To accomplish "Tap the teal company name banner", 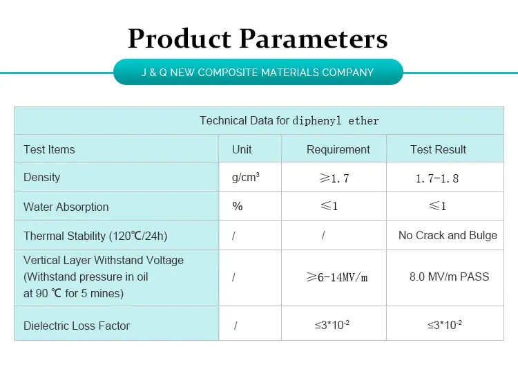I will click(x=258, y=72).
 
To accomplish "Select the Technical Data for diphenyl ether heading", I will click(x=289, y=120).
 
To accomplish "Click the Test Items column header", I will click(x=49, y=149).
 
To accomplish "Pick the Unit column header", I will click(x=242, y=149).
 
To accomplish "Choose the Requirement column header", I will click(x=338, y=149).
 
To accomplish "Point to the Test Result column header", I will click(x=438, y=149).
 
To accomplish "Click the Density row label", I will click(x=41, y=178).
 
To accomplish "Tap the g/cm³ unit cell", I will click(x=246, y=178).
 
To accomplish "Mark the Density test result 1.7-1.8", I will click(x=437, y=178).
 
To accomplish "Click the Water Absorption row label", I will click(x=66, y=207).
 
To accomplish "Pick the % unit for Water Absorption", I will click(x=238, y=206).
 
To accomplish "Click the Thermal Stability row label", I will click(x=95, y=236).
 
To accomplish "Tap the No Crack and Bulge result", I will click(x=448, y=235).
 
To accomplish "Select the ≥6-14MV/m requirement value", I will click(x=337, y=277).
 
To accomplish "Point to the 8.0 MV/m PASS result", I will click(x=449, y=277).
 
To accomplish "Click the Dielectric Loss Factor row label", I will click(x=77, y=326).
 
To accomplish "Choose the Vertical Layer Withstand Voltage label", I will click(x=104, y=261).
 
